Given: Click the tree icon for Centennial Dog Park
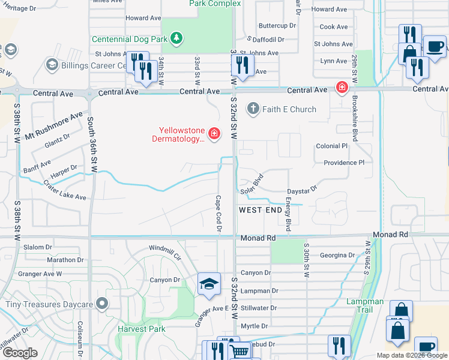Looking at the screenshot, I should (x=176, y=39).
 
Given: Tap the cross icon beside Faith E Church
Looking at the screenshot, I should (x=253, y=109).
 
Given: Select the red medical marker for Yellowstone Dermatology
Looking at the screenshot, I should (x=214, y=132).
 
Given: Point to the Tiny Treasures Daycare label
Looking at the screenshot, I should (x=49, y=304).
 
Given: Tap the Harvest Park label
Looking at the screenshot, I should (x=142, y=329).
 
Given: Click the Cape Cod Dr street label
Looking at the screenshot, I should (x=219, y=213).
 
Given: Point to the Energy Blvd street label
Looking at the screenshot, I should (x=289, y=214).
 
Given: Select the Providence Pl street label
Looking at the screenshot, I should (x=343, y=163).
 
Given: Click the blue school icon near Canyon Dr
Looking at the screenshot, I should (x=209, y=284).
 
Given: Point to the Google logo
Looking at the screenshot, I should (x=21, y=353).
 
